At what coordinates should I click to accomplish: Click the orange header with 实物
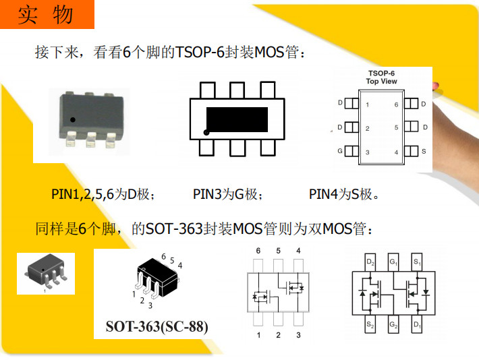click(x=47, y=14)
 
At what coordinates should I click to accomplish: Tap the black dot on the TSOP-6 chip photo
click(x=73, y=120)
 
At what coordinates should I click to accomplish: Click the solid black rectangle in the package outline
click(x=237, y=119)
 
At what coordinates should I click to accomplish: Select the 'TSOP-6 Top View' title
click(x=381, y=78)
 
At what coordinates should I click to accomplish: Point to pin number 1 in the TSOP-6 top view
click(x=367, y=104)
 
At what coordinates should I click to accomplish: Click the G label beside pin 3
click(x=340, y=151)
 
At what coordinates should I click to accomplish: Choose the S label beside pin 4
click(x=424, y=151)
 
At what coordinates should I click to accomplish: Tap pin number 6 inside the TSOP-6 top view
click(x=396, y=104)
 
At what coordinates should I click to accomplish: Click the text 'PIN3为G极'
click(x=227, y=194)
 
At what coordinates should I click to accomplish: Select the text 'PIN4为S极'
click(x=343, y=194)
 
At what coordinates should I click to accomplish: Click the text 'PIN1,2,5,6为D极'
click(x=103, y=194)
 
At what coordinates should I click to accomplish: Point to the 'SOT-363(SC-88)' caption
click(x=157, y=326)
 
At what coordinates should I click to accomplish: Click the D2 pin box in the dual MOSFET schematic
click(x=370, y=262)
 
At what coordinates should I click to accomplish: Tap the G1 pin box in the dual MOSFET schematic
click(x=393, y=262)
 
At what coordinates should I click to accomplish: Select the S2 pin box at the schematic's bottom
click(x=370, y=324)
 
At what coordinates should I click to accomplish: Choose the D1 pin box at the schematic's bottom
click(x=417, y=324)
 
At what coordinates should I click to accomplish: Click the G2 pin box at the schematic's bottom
click(x=393, y=324)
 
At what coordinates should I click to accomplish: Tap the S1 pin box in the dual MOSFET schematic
click(x=417, y=262)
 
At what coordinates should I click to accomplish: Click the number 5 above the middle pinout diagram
click(x=279, y=251)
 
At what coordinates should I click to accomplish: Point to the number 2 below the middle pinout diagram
click(x=279, y=335)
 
